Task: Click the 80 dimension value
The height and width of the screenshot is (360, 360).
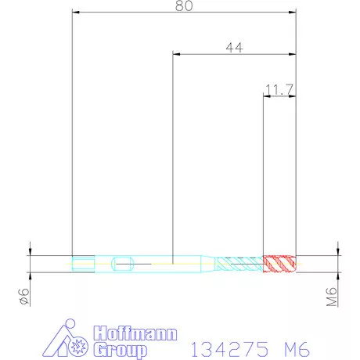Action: click(x=184, y=5)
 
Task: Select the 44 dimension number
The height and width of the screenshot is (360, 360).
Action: click(x=233, y=48)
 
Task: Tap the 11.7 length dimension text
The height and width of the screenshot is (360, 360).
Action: click(x=279, y=90)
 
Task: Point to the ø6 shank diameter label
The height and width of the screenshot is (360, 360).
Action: click(x=23, y=296)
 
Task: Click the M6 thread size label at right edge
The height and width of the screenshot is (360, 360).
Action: click(x=332, y=296)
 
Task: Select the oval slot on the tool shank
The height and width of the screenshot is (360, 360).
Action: click(x=123, y=263)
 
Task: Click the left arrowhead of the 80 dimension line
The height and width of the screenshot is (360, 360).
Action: click(x=74, y=13)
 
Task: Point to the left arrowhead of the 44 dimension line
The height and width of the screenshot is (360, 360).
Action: click(x=176, y=54)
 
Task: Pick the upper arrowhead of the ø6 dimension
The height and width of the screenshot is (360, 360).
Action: click(x=29, y=252)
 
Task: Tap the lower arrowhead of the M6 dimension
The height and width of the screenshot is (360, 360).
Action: click(x=338, y=275)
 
